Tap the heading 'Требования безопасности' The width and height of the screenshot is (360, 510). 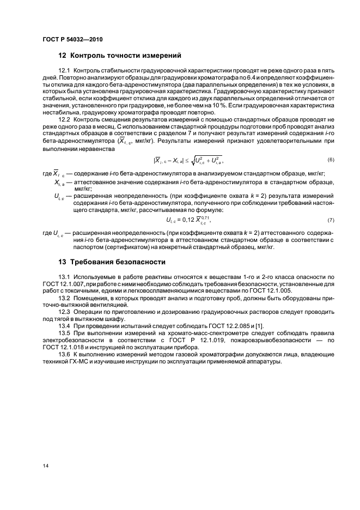[x=115, y=262]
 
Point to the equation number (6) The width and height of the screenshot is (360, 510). [x=331, y=159]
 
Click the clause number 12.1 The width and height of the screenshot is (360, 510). [x=64, y=71]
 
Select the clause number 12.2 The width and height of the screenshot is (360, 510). [x=64, y=119]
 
